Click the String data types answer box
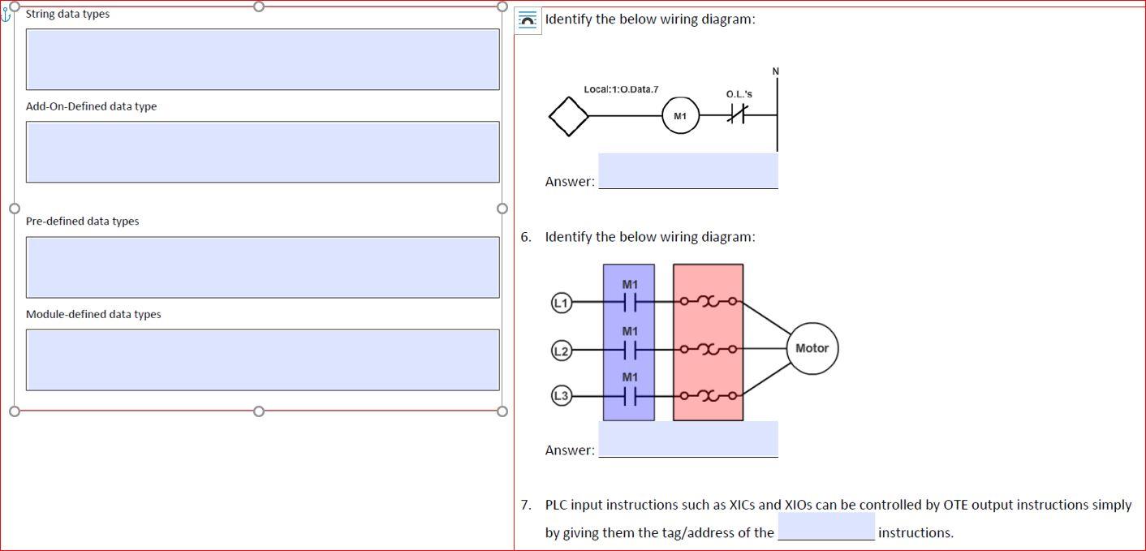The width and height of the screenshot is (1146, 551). (x=262, y=59)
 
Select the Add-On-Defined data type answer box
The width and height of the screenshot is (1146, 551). (x=262, y=152)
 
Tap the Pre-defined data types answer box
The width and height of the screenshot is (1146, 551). (x=262, y=267)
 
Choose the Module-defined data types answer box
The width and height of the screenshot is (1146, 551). (x=262, y=359)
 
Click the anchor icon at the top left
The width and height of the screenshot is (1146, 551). (x=6, y=14)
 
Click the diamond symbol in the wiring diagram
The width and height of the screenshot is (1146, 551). (x=568, y=116)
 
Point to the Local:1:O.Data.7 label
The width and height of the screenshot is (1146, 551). (x=621, y=89)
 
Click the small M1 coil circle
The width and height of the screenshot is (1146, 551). (x=680, y=116)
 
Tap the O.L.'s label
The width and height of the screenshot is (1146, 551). (x=739, y=94)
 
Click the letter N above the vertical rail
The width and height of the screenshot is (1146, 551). (x=775, y=71)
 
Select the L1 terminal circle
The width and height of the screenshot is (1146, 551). (x=561, y=302)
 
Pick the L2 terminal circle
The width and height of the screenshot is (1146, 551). (x=561, y=350)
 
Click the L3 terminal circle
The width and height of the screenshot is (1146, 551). (x=561, y=396)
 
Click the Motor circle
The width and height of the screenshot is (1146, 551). (x=812, y=348)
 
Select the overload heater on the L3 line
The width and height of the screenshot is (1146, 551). (x=709, y=396)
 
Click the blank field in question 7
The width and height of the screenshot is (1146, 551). (x=826, y=527)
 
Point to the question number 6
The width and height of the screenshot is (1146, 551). (x=526, y=237)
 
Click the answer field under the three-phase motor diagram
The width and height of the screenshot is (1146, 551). (x=688, y=440)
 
